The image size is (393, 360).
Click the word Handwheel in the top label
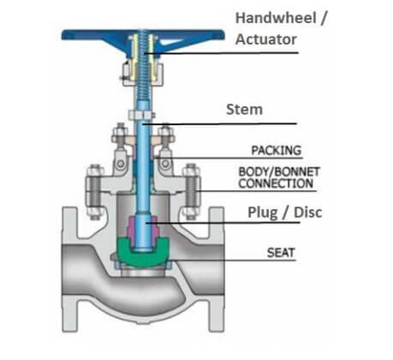pyautogui.click(x=276, y=18)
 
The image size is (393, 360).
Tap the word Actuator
pyautogui.click(x=266, y=39)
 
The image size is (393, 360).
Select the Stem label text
pyautogui.click(x=244, y=110)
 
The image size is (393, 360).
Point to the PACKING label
pyautogui.click(x=276, y=150)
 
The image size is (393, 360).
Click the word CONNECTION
pyautogui.click(x=276, y=183)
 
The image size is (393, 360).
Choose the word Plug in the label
pyautogui.click(x=262, y=213)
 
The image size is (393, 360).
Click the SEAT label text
pyautogui.click(x=281, y=253)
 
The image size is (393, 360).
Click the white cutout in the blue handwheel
pyautogui.click(x=170, y=43)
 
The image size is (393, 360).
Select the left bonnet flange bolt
pyautogui.click(x=95, y=192)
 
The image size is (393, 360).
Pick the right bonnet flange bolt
pyautogui.click(x=192, y=192)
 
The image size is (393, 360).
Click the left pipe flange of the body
pyautogui.click(x=69, y=269)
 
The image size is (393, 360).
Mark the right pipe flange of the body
pyautogui.click(x=217, y=269)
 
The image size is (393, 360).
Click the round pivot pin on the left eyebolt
pyautogui.click(x=121, y=164)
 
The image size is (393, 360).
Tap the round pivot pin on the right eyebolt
pyautogui.click(x=165, y=164)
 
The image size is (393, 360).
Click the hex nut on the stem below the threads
pyautogui.click(x=141, y=115)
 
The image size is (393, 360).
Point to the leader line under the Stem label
pyautogui.click(x=220, y=124)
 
